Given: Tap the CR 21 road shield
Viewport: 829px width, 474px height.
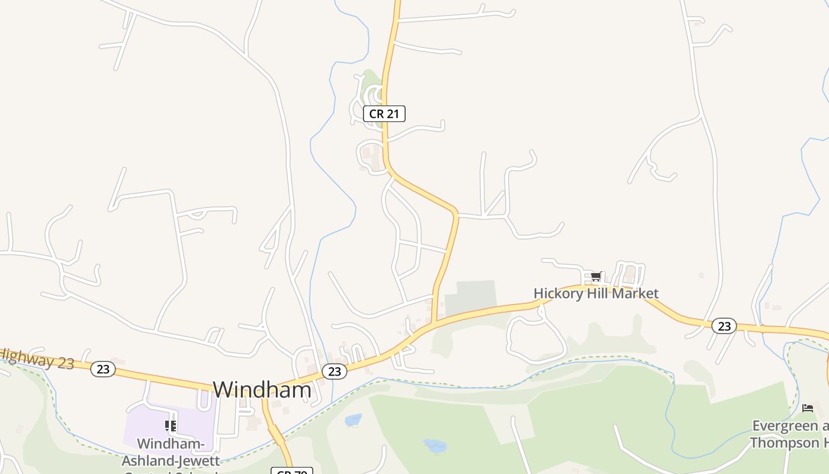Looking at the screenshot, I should tap(384, 114).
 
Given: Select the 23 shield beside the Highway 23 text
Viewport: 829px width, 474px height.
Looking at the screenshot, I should tap(103, 369).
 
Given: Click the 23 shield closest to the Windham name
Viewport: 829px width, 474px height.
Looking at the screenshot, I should tap(335, 371).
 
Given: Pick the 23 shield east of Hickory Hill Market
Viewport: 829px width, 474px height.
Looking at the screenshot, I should tap(724, 326).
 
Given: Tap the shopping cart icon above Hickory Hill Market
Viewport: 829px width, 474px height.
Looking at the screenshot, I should tap(596, 277).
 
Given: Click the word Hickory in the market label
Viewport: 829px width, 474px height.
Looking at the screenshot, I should tap(557, 293).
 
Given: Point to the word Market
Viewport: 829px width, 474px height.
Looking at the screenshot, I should tap(637, 293).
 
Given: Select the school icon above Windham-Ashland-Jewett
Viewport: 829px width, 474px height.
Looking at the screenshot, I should tap(171, 425).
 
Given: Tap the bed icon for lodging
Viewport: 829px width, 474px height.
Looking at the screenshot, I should tap(808, 408).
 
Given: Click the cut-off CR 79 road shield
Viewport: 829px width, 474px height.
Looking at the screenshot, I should tap(291, 470).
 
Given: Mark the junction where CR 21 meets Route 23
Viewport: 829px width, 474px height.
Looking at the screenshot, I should tap(435, 323).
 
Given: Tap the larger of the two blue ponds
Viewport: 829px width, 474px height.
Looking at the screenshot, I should tap(435, 446).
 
